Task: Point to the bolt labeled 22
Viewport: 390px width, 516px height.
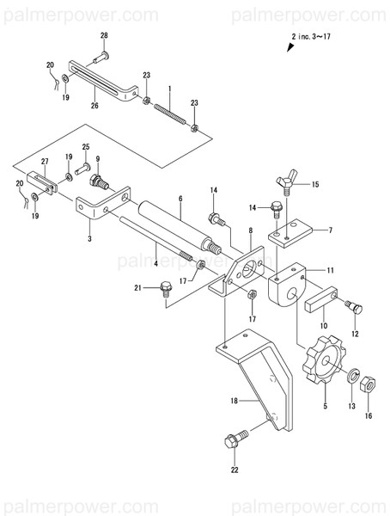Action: coord(235,441)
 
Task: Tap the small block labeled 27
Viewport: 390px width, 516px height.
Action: coord(43,182)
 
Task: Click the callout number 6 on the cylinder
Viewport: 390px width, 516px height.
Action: coord(180,198)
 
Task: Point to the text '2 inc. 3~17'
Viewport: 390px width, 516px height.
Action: coord(323,38)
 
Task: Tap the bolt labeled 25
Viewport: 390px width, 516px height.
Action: coord(83,168)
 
